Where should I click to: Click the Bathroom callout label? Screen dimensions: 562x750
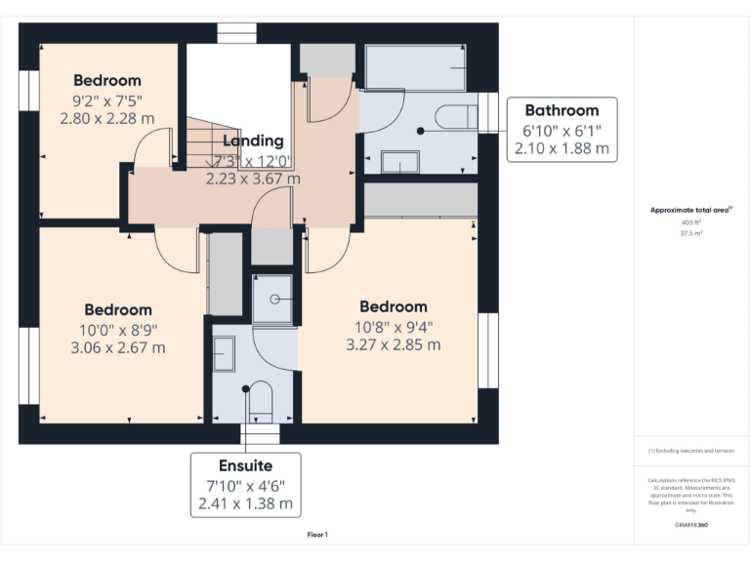562,110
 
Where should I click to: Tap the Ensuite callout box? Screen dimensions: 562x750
245,485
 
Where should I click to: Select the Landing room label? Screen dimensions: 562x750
254,141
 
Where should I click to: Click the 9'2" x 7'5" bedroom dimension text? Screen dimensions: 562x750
107,100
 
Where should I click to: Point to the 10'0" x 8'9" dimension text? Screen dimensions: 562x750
117,329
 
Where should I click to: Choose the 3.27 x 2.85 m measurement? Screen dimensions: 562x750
394,344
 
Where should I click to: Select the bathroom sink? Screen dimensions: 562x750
398,162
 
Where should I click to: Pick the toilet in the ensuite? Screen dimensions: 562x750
258,401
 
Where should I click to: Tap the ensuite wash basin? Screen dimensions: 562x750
224,351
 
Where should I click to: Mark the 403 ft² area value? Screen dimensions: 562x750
691,222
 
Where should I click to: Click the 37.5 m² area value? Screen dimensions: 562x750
691,233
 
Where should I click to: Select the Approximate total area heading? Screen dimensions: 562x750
690,210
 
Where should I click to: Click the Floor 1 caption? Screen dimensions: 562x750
317,535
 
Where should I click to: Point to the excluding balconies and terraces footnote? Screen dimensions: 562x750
691,451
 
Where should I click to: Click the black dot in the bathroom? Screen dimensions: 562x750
421,130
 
